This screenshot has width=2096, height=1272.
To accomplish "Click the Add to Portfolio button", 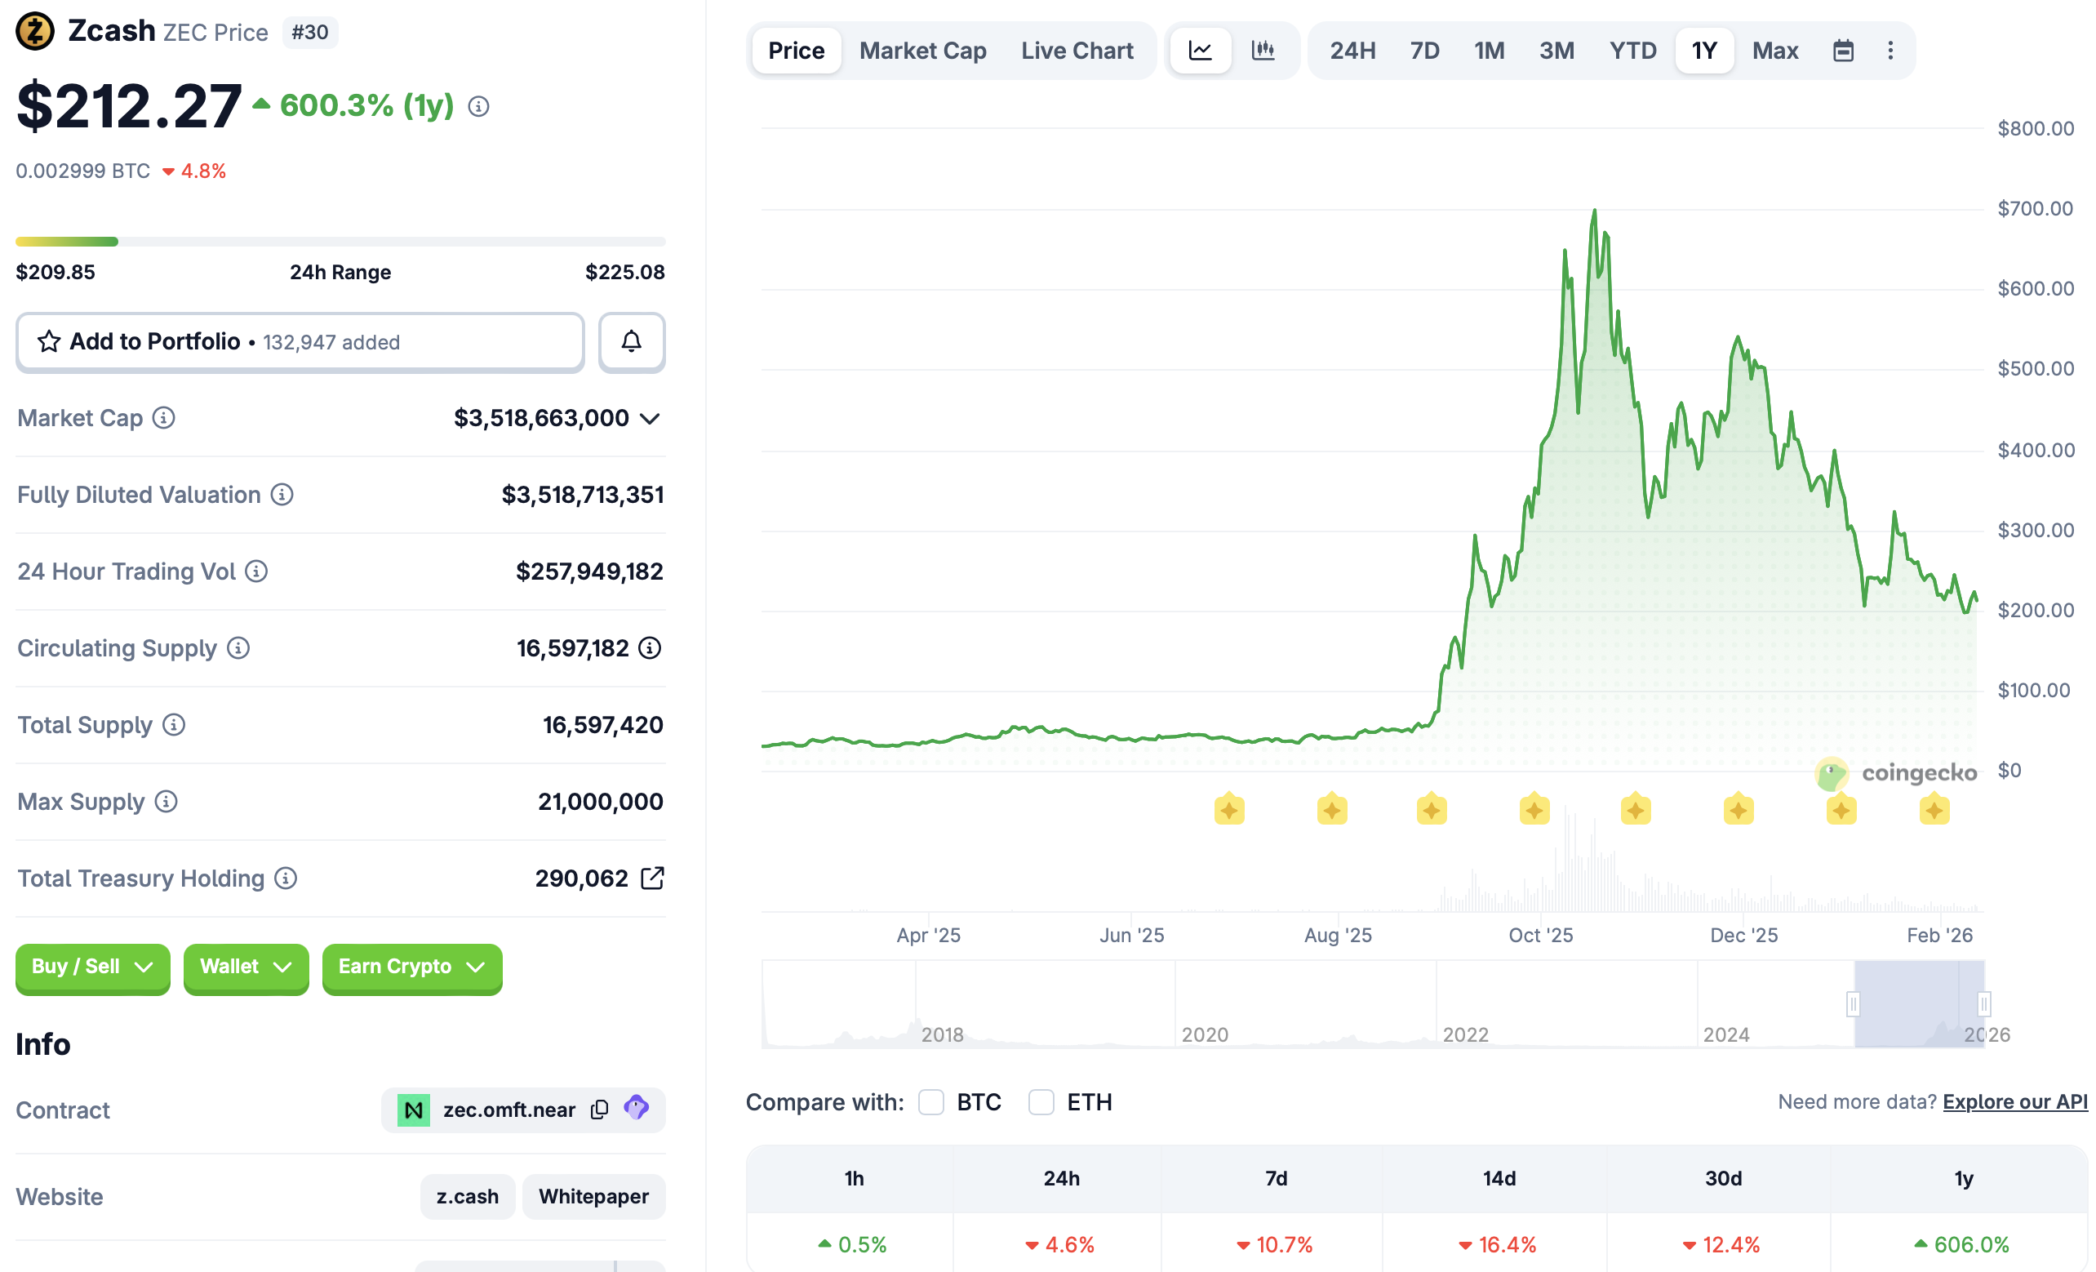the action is coord(300,342).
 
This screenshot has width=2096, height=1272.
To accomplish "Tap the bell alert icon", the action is coord(631,342).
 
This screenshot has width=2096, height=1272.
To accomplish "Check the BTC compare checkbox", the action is coord(931,1102).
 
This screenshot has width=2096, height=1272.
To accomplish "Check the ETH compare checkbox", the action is coord(1041,1102).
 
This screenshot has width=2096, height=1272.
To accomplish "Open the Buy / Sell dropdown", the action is coord(93,967).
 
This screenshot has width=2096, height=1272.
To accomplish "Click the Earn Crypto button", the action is coord(411,967).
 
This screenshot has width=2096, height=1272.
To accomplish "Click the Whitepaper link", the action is coord(593,1196).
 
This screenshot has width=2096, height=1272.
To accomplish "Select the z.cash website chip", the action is coord(467,1196).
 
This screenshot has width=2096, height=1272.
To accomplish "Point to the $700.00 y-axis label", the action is coord(2035,208).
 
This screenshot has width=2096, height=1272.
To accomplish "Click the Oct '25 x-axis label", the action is coord(1540,935).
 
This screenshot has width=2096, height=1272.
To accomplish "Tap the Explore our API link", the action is coord(2014,1102).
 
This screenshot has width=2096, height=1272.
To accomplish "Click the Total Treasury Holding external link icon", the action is coord(651,878).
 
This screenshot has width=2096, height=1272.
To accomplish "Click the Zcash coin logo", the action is coord(35,32).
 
